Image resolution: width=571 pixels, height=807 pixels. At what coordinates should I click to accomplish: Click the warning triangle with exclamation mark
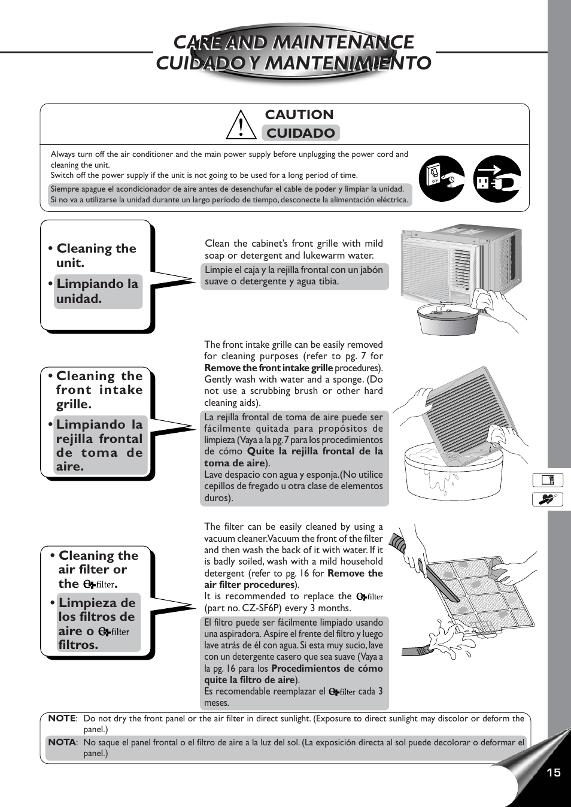pos(241,125)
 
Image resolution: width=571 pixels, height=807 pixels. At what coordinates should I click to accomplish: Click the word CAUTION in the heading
pos(299,114)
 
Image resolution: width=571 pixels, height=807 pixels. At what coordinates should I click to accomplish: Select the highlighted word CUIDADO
pos(300,133)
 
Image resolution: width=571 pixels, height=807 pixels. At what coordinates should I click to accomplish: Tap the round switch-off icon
pos(442,178)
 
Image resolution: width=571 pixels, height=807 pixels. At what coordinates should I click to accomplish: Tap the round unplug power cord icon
pos(497,178)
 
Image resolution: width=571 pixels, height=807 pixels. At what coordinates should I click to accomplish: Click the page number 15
pos(554,772)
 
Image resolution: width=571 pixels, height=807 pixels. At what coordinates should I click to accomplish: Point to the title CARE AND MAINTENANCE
pos(293,42)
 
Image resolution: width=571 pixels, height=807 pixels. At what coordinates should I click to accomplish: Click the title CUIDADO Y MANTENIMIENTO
pos(293,63)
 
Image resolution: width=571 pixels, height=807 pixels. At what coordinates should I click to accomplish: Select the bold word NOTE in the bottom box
pos(62,718)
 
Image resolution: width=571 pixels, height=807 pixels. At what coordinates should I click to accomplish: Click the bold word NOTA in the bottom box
pos(62,742)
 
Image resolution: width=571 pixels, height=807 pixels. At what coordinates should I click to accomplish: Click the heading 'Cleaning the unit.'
pos(96,255)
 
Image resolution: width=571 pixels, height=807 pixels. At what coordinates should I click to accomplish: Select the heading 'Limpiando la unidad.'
pos(98,291)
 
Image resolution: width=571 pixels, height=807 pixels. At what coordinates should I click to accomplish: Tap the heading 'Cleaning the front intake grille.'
pos(99,390)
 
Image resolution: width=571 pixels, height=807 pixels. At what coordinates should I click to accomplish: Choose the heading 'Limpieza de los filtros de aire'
pos(96,623)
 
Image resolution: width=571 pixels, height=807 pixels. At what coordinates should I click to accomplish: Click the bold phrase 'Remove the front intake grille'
pos(268,368)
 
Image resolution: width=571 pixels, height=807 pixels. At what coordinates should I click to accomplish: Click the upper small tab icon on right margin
pos(548,480)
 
